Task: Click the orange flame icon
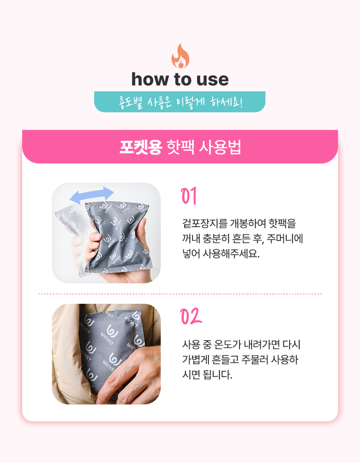coord(180,56)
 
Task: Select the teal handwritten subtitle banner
coord(180,102)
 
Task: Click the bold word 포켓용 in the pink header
coord(141,147)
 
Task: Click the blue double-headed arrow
coord(92,195)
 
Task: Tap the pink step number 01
coord(188,196)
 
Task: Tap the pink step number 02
coord(191,316)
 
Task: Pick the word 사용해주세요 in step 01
coord(231,253)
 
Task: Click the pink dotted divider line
coord(180,294)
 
